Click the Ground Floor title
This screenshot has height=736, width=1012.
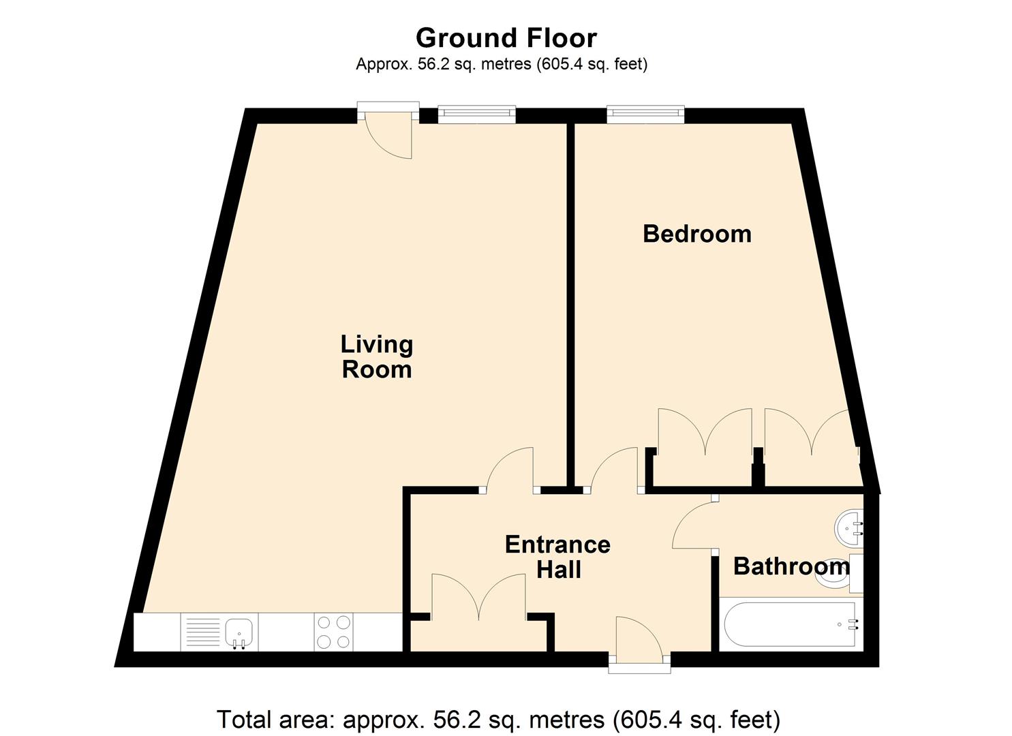pyautogui.click(x=506, y=38)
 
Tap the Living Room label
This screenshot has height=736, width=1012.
pyautogui.click(x=377, y=357)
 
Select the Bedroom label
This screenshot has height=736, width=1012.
pyautogui.click(x=697, y=234)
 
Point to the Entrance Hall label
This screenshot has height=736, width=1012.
pyautogui.click(x=558, y=557)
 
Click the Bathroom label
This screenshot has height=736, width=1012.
pyautogui.click(x=791, y=566)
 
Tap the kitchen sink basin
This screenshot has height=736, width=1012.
pyautogui.click(x=239, y=632)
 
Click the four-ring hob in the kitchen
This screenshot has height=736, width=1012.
pyautogui.click(x=334, y=632)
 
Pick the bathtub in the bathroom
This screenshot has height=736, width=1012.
pyautogui.click(x=791, y=625)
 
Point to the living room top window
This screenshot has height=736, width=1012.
pyautogui.click(x=476, y=114)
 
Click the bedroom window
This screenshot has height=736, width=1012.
pyautogui.click(x=645, y=114)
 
